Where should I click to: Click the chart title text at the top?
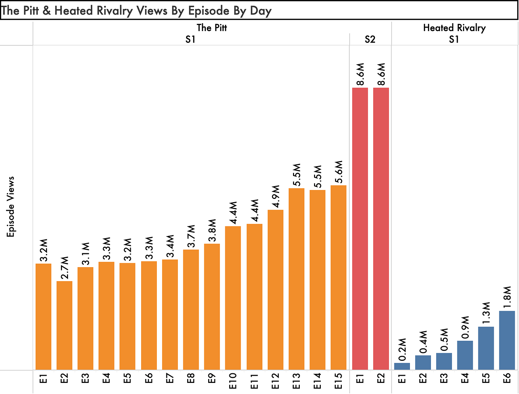pos(136,11)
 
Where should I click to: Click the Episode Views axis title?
pos(10,206)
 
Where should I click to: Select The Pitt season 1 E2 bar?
pos(64,325)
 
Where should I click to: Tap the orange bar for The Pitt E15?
pos(338,278)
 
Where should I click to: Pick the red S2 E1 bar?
pos(360,229)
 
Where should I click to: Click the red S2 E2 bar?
pos(381,229)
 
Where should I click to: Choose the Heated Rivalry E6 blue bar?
pos(507,340)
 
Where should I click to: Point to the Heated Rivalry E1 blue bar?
pos(402,366)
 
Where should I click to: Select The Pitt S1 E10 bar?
pos(233,298)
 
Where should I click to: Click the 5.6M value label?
pos(339,172)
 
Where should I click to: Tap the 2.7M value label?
pos(65,268)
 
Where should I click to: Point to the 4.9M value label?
pos(276,196)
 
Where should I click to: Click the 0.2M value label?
pos(402,349)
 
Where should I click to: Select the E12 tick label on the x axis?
pos(276,381)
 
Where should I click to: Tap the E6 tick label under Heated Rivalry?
pos(507,378)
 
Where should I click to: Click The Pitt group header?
pos(212,28)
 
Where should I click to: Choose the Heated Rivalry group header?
pos(454,28)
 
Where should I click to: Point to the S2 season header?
pos(370,39)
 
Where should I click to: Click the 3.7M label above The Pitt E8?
pos(191,236)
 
